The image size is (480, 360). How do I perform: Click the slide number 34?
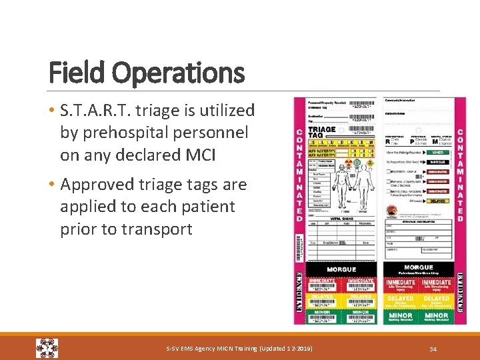point(433,349)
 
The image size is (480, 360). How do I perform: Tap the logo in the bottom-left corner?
point(47,348)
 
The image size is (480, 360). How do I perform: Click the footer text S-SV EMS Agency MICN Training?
point(238,349)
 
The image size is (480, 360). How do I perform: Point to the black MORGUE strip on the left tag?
point(341,270)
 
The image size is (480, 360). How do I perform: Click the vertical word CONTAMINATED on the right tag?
point(460,170)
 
